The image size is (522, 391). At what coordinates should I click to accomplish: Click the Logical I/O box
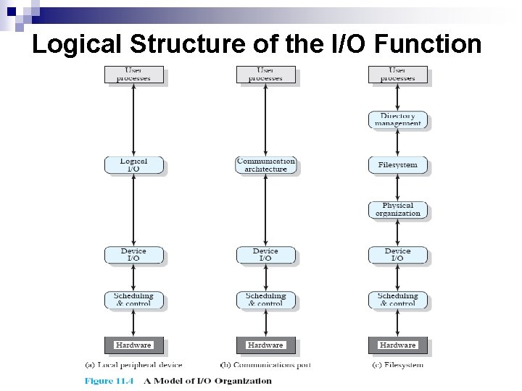tap(133, 165)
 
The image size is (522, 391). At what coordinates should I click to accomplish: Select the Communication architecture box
tap(265, 165)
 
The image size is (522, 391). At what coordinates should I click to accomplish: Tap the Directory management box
tap(397, 120)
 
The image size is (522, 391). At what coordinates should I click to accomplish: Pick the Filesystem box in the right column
tap(397, 165)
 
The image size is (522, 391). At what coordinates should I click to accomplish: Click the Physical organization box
tap(397, 210)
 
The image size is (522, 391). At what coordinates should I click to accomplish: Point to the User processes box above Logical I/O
tap(133, 75)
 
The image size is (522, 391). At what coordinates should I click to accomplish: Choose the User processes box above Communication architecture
tap(265, 75)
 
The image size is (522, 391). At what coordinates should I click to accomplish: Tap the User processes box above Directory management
tap(397, 75)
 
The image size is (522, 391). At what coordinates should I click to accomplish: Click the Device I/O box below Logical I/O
tap(133, 255)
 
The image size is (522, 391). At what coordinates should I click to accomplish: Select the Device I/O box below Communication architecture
tap(265, 255)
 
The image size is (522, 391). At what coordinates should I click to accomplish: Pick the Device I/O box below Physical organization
tap(397, 255)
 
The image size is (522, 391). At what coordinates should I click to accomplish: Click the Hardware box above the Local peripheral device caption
tap(133, 345)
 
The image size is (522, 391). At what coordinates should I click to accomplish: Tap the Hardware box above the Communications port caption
tap(265, 345)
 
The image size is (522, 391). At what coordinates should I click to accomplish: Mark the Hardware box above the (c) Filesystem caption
tap(397, 345)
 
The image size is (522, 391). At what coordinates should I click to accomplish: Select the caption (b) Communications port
tap(265, 365)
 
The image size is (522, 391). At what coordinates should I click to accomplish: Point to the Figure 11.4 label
tap(108, 381)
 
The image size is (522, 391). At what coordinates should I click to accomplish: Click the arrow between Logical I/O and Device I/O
tap(133, 210)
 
